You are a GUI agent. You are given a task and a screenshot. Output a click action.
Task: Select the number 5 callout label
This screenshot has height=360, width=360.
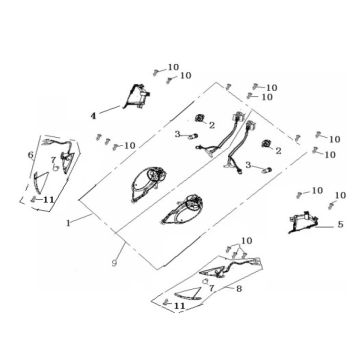pos(340,226)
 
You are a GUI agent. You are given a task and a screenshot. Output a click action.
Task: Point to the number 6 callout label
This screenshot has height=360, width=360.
pos(31,156)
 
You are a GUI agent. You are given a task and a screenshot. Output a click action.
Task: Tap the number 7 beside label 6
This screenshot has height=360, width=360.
pos(53,160)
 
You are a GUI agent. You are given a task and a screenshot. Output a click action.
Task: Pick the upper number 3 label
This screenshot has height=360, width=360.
pos(177,133)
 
